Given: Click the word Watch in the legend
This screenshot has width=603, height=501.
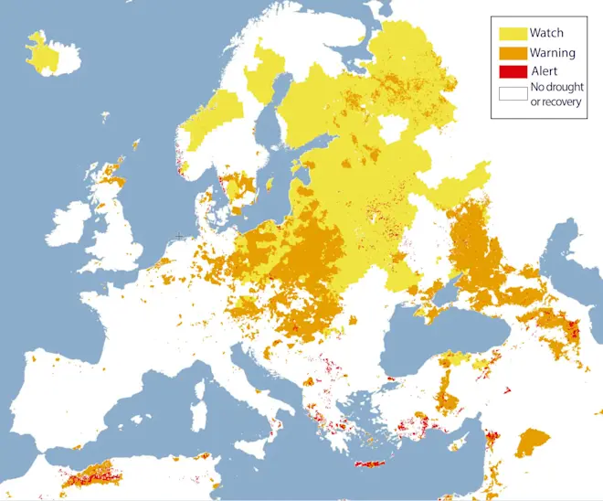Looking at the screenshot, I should coord(546,33).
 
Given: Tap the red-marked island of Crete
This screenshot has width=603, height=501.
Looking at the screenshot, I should coord(370,465).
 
